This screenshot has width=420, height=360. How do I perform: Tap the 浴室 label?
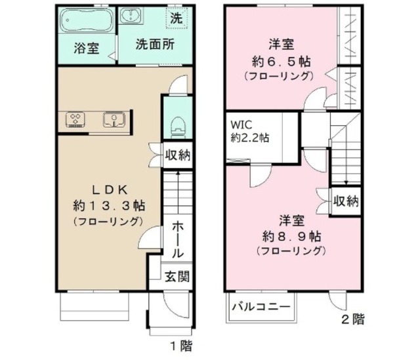[x=86, y=48]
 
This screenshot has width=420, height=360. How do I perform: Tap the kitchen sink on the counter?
[x=114, y=119]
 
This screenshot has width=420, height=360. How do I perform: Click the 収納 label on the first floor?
[x=177, y=155]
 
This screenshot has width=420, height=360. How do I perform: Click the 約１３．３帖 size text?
[x=108, y=205]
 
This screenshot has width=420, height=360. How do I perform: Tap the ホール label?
[x=177, y=239]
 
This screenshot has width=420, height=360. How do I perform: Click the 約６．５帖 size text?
[x=280, y=62]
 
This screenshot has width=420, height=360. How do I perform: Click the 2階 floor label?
[x=352, y=320]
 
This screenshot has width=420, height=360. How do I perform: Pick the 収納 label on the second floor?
[x=345, y=200]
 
